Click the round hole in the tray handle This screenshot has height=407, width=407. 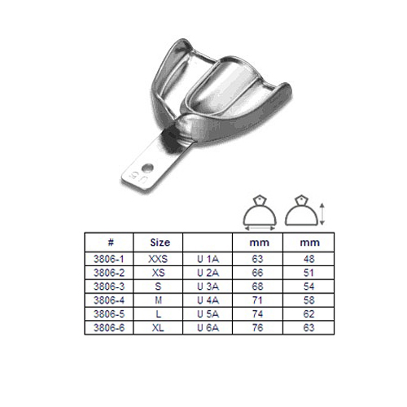point(147,168)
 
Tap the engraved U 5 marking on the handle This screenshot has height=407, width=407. point(138,177)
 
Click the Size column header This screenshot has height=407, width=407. point(160,243)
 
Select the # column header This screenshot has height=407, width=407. point(111,242)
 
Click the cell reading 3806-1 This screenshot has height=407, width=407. point(109,259)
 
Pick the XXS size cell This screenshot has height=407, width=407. point(158,259)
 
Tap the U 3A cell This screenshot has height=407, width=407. point(208,287)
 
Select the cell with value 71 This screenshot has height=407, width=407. point(257,300)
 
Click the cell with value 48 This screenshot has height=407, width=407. point(309,259)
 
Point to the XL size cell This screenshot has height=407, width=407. point(158,328)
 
